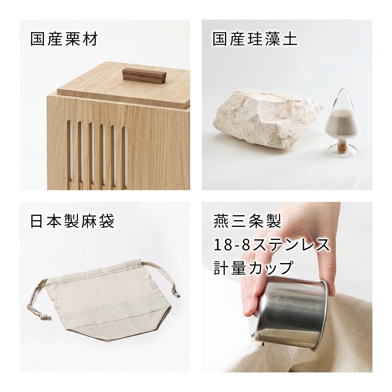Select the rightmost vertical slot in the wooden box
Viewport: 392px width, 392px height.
point(125,156)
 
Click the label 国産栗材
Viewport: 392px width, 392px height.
point(64,39)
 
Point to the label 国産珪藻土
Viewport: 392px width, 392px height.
point(255,39)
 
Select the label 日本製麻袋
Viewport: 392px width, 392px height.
point(72,221)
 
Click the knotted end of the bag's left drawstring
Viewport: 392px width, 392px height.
point(45,317)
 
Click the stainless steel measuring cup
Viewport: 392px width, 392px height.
point(290,312)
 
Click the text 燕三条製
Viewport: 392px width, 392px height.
point(247,221)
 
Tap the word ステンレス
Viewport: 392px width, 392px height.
point(290,244)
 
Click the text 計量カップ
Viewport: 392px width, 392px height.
point(254,267)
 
